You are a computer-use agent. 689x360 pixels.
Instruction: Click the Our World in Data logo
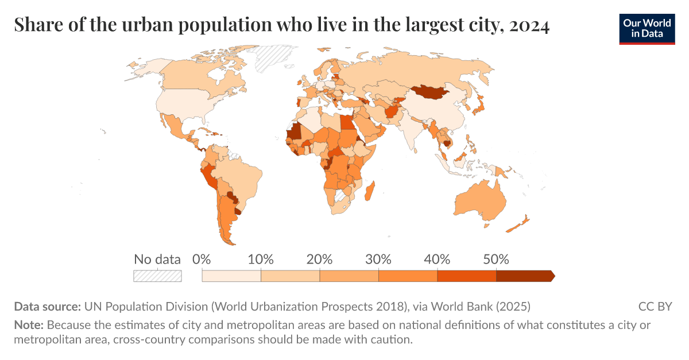point(647,29)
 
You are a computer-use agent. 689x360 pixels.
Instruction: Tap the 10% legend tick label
point(261,259)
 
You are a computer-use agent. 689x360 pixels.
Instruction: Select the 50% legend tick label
point(496,259)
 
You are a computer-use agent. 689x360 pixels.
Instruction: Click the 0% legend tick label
point(202,259)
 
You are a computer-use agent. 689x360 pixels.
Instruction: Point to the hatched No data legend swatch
point(157,276)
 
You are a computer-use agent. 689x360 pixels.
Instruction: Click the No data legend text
point(157,259)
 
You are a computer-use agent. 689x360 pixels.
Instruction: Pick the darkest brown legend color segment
point(524,276)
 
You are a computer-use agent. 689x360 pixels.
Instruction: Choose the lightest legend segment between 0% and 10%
point(231,276)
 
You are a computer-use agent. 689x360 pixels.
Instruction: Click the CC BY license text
point(655,306)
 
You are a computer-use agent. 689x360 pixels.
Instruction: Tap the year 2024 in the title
point(528,26)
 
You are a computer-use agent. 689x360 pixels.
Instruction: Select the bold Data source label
point(47,306)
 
